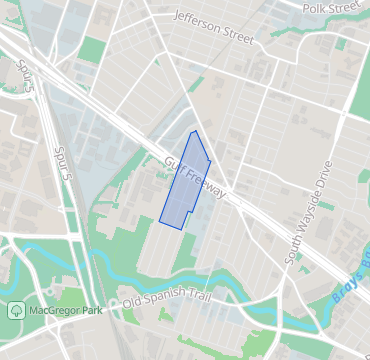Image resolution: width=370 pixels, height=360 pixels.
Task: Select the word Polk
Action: click(313, 7)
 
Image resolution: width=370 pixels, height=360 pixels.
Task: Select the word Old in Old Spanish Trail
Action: click(132, 302)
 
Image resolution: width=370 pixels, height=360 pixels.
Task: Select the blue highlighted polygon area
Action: click(184, 185)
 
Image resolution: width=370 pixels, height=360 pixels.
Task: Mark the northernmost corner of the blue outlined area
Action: click(195, 131)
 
